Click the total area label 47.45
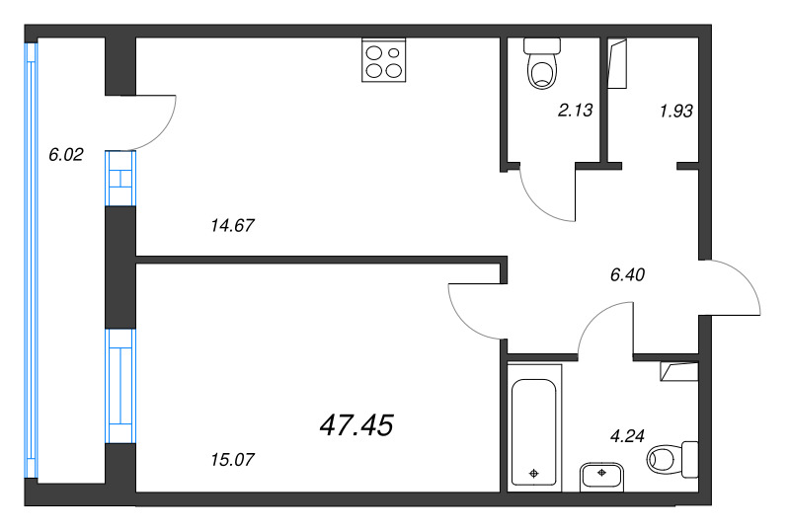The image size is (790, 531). tap(356, 425)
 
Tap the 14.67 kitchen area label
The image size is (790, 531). tap(233, 225)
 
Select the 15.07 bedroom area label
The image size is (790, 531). tap(233, 458)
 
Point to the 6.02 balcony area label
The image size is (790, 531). tap(66, 154)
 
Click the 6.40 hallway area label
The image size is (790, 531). tap(628, 275)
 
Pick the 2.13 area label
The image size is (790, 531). tap(575, 111)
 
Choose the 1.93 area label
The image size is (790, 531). tap(675, 111)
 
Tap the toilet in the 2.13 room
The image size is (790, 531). tap(541, 63)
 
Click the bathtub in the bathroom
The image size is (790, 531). tap(534, 424)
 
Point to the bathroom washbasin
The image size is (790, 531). tap(601, 476)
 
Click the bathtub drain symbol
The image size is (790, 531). tap(534, 474)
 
